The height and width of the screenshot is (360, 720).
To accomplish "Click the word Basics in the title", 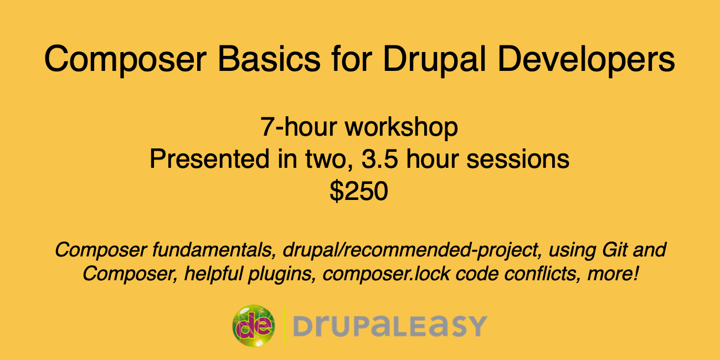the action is (269, 59).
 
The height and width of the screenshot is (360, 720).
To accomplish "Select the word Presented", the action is (209, 158).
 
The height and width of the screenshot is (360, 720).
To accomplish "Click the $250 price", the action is (359, 191).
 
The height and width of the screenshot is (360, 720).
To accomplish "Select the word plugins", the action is (282, 274).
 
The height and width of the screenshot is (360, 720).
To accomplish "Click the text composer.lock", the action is (385, 274).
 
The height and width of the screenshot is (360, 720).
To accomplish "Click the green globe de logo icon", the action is (254, 326).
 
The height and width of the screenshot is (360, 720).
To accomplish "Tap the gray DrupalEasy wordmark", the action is (390, 326).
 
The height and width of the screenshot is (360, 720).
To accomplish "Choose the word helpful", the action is (213, 274).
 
